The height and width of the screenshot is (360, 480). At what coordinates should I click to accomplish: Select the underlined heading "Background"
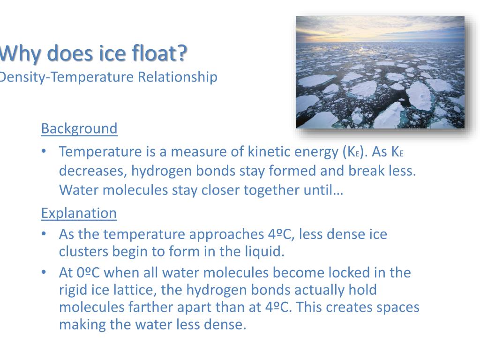point(79,128)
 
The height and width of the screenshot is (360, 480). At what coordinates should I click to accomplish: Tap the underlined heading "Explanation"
point(79,213)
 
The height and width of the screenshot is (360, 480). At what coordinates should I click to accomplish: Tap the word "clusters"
point(83,252)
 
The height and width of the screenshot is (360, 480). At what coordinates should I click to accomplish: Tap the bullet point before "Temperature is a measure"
point(44,151)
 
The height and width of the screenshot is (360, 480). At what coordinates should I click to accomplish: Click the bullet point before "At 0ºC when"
point(44,272)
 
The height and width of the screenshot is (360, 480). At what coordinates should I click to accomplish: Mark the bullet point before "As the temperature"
point(44,234)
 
